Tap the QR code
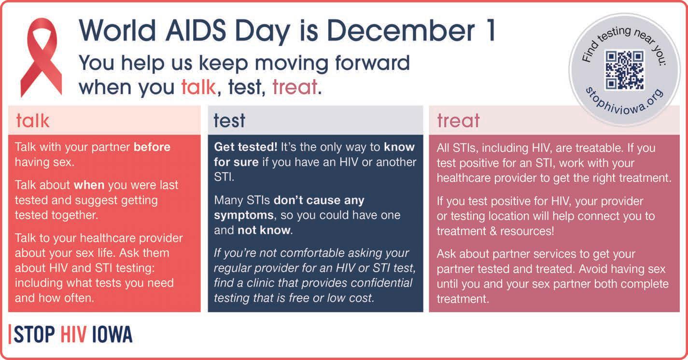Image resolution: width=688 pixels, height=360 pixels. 624,70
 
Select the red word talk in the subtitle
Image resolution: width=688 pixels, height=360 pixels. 198,87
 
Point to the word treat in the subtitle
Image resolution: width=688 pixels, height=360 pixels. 295,87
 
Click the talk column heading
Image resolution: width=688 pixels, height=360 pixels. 32,120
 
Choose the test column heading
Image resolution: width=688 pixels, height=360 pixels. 229,120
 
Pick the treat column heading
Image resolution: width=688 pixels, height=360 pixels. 458,120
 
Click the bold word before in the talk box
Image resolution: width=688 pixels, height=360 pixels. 152,147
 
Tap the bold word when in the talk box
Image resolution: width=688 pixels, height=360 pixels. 89,185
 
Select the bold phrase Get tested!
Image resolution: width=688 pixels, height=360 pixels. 246,147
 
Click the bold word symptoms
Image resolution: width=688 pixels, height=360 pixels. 244,215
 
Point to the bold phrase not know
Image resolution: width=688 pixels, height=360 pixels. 264,230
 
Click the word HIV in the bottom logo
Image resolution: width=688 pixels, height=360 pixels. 73,334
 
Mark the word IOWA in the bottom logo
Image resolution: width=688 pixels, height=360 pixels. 112,334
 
